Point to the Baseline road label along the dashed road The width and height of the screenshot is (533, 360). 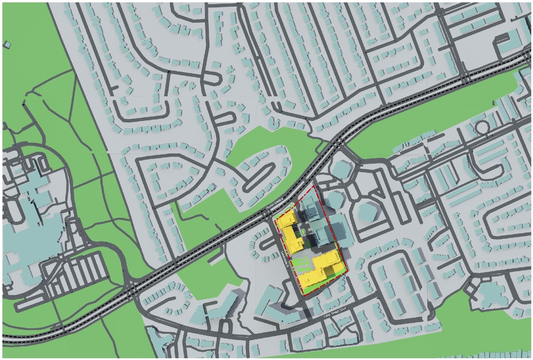tap(276, 204)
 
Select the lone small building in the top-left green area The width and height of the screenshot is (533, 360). tap(7, 44)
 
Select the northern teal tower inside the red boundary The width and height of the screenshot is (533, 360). tap(310, 208)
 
